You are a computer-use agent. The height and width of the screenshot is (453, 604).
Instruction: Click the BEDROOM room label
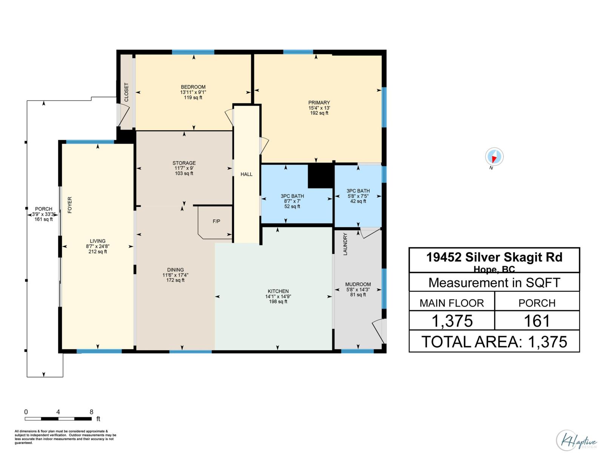click(193, 87)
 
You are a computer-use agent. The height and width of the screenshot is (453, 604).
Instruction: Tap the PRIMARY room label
click(319, 103)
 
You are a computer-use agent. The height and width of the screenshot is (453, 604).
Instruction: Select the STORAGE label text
click(184, 163)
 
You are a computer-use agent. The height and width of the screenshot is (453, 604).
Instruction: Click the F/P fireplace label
click(216, 221)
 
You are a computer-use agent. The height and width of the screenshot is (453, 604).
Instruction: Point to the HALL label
click(247, 174)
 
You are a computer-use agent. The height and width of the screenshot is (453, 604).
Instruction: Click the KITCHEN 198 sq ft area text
click(278, 302)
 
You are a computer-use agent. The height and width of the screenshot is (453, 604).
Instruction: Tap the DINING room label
click(176, 270)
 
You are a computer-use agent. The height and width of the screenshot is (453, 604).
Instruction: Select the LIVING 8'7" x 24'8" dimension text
click(97, 247)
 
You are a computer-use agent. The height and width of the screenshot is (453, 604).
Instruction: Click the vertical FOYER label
click(70, 205)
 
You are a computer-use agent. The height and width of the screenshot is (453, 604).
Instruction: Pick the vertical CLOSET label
click(126, 92)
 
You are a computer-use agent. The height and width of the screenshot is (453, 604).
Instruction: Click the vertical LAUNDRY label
click(345, 244)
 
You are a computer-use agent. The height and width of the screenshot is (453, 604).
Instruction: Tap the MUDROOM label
click(358, 284)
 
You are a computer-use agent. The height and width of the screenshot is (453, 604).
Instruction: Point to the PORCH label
click(43, 209)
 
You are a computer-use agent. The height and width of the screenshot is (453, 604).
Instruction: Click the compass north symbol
click(494, 157)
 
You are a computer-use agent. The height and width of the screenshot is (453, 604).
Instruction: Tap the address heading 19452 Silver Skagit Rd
click(494, 257)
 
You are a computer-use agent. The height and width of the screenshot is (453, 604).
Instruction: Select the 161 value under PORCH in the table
click(537, 321)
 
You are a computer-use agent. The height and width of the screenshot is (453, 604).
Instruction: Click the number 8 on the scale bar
click(91, 412)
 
